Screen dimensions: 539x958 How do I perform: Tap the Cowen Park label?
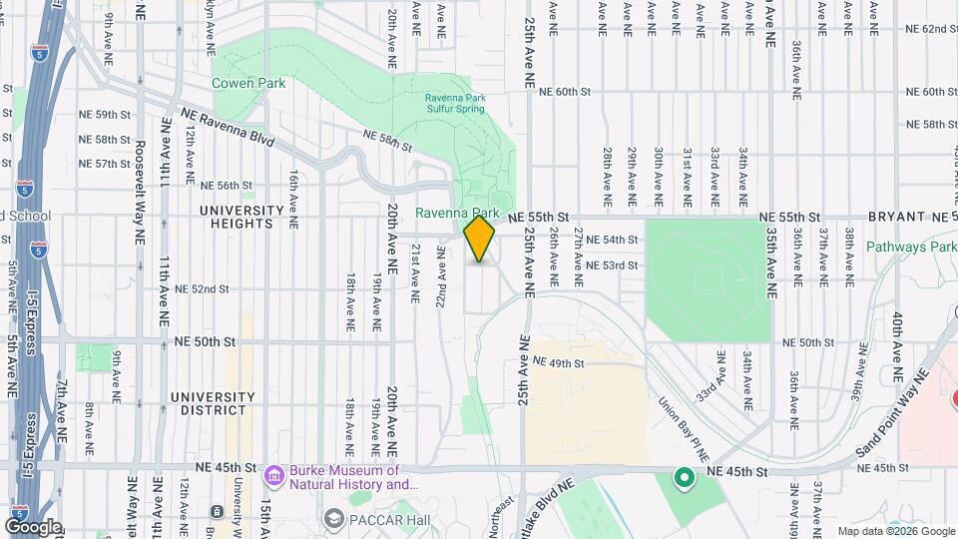coord(248,83)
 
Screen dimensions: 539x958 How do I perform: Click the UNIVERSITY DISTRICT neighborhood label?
coord(208,402)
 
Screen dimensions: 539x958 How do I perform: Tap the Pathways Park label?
coord(911,247)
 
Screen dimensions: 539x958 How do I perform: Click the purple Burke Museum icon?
coord(273,476)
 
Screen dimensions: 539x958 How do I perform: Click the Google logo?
coord(33,526)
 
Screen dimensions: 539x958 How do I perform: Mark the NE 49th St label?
coord(558,362)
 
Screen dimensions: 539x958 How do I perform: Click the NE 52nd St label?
coord(202,288)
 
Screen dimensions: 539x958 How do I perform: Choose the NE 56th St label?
coord(227,185)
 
